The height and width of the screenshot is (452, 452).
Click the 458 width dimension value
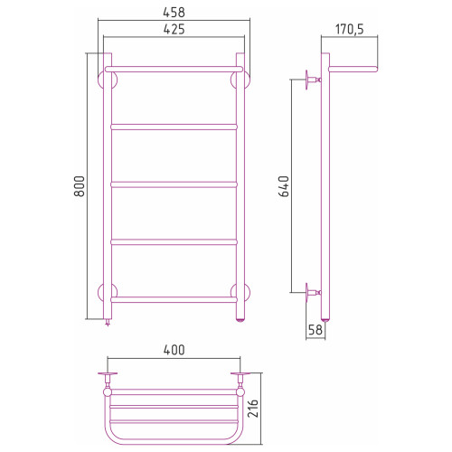[174, 13]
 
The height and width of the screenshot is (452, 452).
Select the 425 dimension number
[174, 30]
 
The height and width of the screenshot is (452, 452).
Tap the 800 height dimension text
[80, 186]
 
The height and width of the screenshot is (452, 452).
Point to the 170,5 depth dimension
[350, 30]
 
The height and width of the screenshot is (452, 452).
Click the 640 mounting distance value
[284, 186]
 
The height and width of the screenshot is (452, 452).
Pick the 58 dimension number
[315, 330]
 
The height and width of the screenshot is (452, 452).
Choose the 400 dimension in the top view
[174, 350]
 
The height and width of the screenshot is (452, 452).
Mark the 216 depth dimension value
[253, 409]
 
